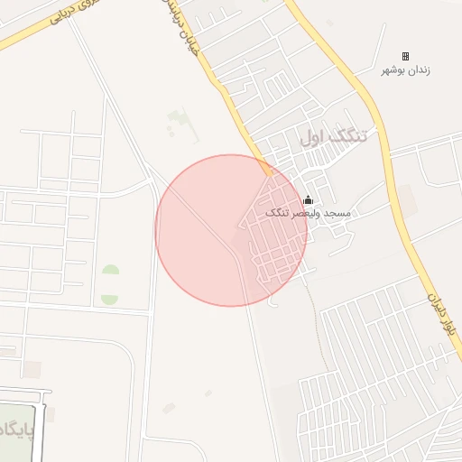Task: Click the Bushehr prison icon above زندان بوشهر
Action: [404, 56]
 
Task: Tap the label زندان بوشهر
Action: [405, 70]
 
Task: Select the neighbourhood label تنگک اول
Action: [334, 137]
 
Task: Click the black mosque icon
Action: [309, 200]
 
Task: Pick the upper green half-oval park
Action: [110, 271]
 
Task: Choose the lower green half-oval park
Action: [110, 298]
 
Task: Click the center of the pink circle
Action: [231, 230]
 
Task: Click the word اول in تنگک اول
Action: [312, 137]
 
